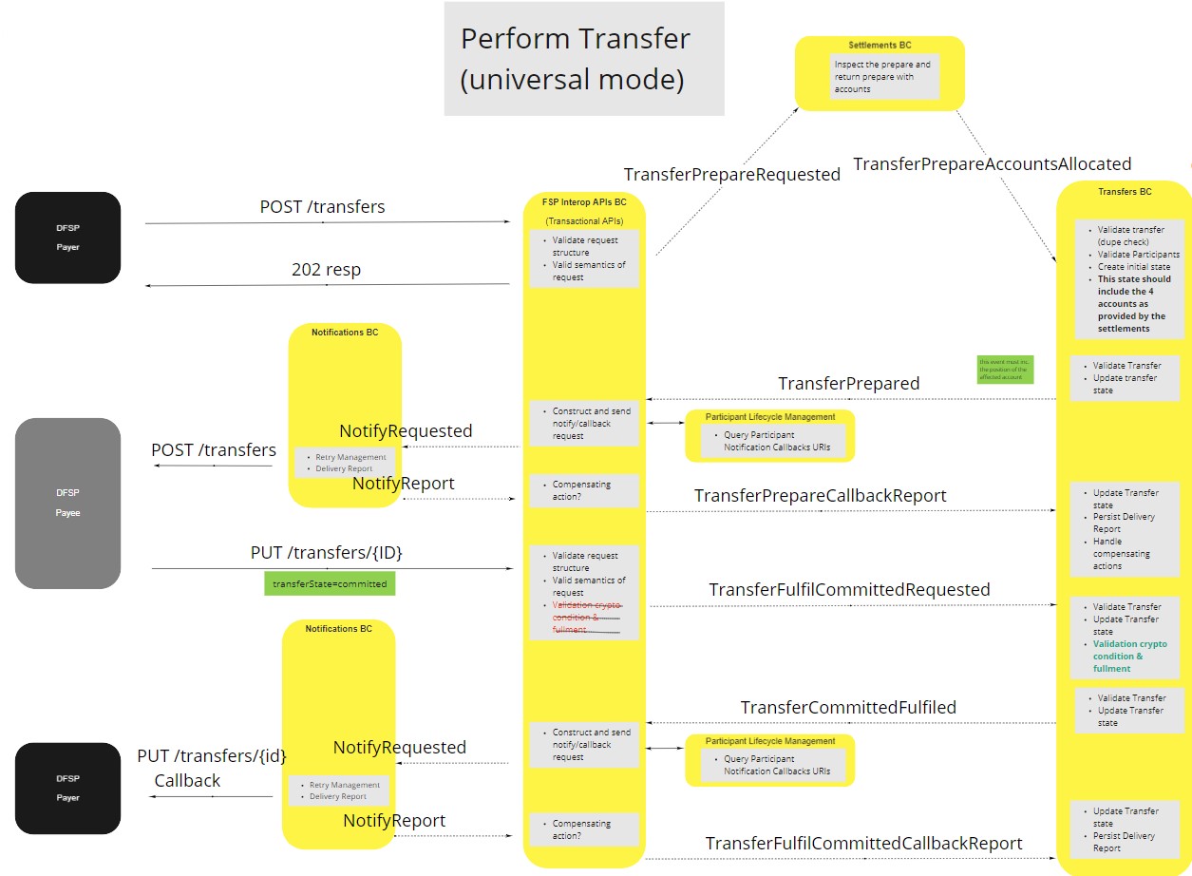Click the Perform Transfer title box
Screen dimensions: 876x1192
tap(583, 59)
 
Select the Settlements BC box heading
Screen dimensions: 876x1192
tap(880, 45)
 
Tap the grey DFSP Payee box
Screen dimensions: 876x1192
tap(67, 503)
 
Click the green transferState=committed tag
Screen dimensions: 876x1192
tap(330, 583)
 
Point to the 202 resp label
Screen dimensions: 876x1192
tap(326, 270)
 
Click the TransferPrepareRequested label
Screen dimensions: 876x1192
tap(731, 175)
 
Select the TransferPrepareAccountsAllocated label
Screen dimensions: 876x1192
tap(992, 164)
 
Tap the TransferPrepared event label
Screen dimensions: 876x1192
tap(848, 384)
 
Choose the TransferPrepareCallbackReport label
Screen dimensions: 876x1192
tap(820, 496)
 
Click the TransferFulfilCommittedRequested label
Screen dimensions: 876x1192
tap(849, 590)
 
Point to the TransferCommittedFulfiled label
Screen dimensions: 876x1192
tap(848, 708)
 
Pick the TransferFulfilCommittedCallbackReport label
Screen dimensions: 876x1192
tap(863, 844)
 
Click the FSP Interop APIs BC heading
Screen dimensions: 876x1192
tap(584, 202)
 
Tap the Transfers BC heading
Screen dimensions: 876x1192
tap(1125, 192)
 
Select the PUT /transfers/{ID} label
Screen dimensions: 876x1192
tap(332, 553)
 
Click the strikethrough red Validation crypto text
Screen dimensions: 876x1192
tap(585, 618)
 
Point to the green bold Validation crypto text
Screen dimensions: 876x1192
tap(1129, 656)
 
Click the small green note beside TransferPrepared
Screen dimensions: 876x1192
tap(1004, 370)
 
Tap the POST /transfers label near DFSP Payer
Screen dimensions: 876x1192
tap(322, 207)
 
